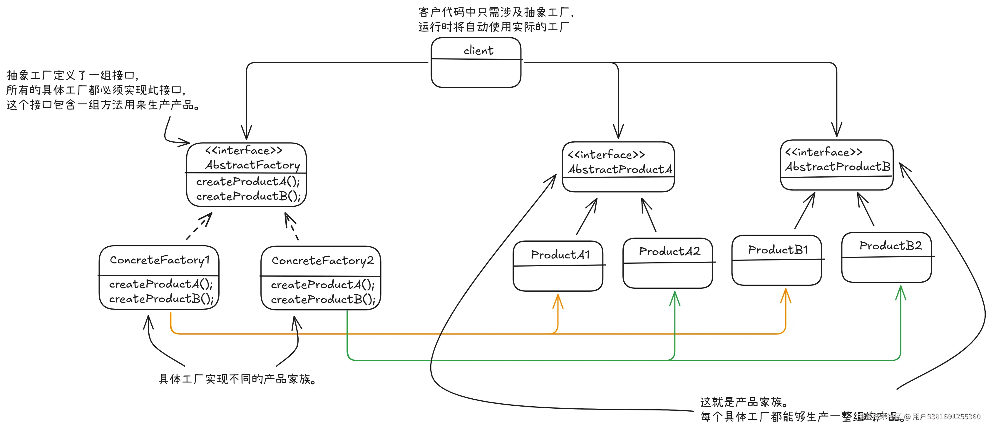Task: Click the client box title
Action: (478, 50)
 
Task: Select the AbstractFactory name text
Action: (252, 165)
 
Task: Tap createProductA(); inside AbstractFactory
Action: (248, 181)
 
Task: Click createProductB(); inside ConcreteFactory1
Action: (161, 299)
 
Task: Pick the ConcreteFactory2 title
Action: (322, 260)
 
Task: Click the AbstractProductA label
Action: (620, 169)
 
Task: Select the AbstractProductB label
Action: (838, 167)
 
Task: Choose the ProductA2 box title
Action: (669, 251)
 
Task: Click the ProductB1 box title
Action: (778, 250)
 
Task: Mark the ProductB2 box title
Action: (890, 245)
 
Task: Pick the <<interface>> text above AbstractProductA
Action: (606, 155)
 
